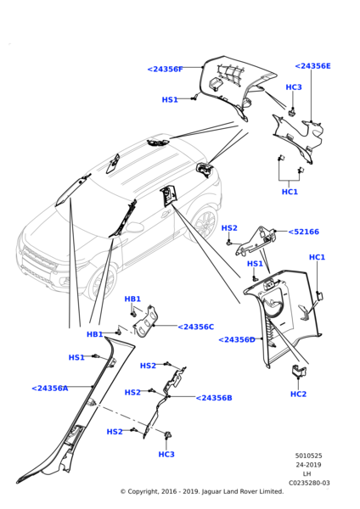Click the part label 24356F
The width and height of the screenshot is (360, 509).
tap(166, 70)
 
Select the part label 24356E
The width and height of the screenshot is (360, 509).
tap(313, 66)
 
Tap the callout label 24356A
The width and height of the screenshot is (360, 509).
tap(50, 388)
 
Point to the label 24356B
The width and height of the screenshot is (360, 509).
tap(214, 398)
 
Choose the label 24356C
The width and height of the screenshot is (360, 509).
tap(195, 327)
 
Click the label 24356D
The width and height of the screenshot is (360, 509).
tap(237, 339)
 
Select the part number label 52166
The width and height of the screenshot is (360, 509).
tap(304, 232)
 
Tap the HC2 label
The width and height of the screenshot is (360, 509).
tap(298, 394)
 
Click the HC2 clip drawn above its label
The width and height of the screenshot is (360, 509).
tap(299, 371)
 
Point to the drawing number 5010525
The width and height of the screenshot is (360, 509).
tap(308, 456)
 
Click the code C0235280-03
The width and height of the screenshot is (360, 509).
tap(309, 483)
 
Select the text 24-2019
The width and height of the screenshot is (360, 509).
tap(308, 465)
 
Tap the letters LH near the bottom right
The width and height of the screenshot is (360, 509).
tap(307, 474)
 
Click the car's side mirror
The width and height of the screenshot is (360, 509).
tap(134, 227)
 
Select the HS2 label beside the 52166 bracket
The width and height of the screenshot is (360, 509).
tap(229, 228)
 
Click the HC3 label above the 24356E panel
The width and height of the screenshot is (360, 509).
tap(294, 87)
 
